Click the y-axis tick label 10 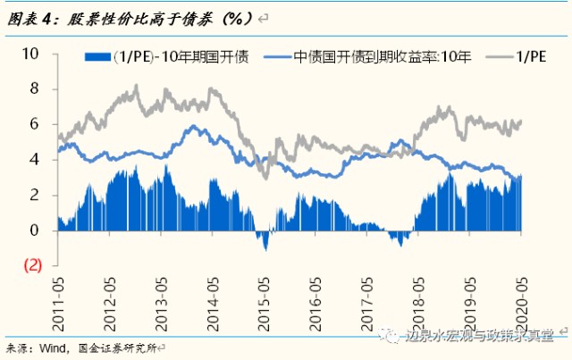click(x=31, y=54)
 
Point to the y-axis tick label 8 click(x=35, y=88)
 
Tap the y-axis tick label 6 click(x=35, y=124)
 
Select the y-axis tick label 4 click(x=35, y=159)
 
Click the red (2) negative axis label click(x=33, y=265)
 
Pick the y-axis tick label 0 click(x=35, y=230)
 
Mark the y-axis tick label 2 click(x=35, y=195)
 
